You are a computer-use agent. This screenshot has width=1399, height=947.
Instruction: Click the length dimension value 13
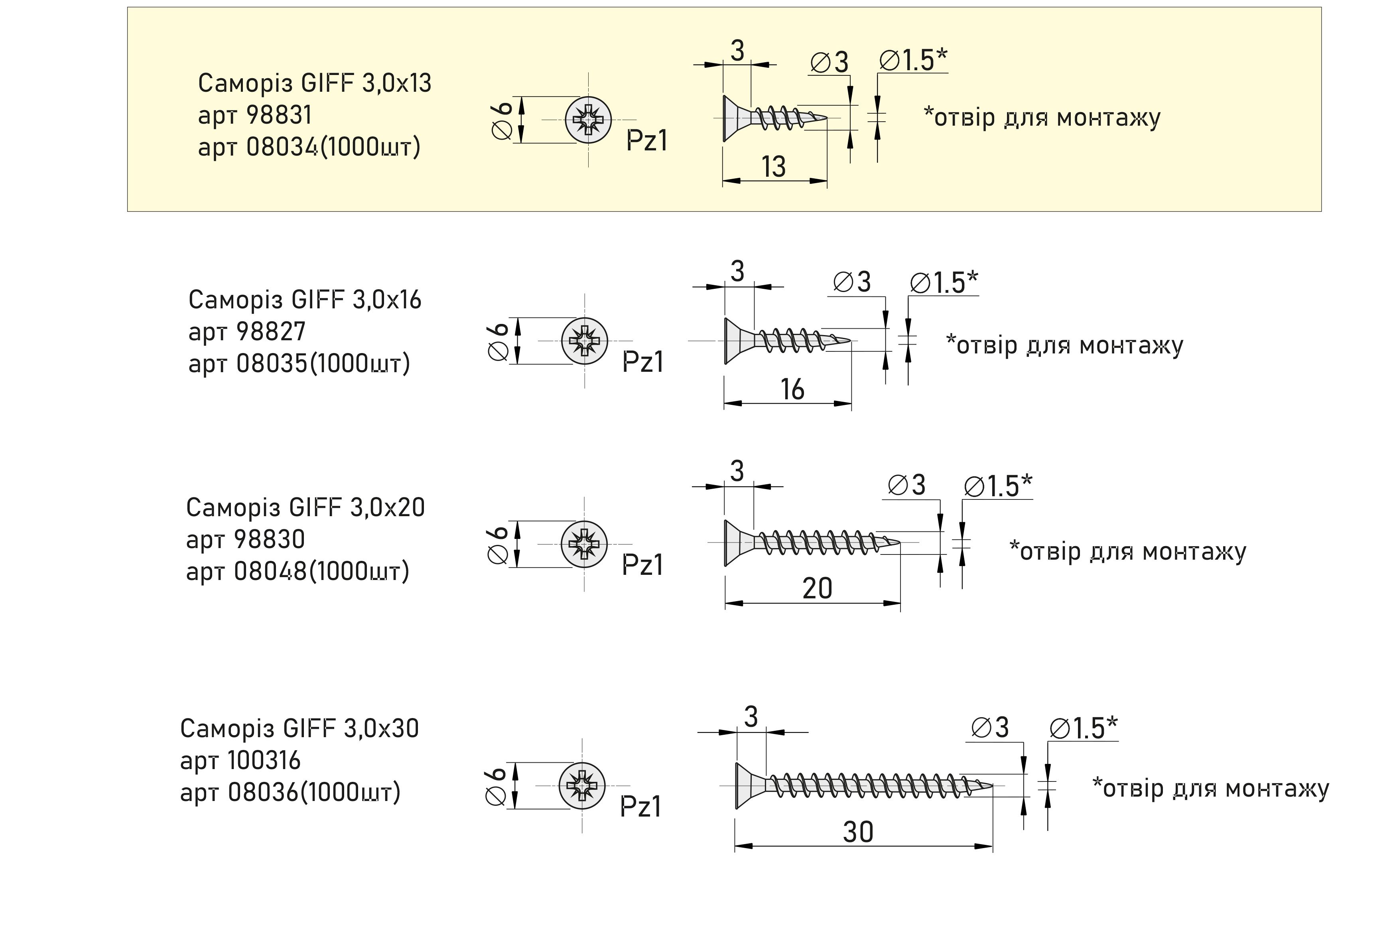(774, 166)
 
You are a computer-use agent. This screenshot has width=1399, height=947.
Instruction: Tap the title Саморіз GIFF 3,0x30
(299, 728)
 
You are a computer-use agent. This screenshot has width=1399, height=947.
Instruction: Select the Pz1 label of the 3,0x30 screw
(640, 806)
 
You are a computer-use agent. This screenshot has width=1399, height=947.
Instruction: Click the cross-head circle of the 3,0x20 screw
(584, 544)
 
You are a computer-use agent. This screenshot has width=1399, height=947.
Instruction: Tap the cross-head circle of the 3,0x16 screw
(584, 341)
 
